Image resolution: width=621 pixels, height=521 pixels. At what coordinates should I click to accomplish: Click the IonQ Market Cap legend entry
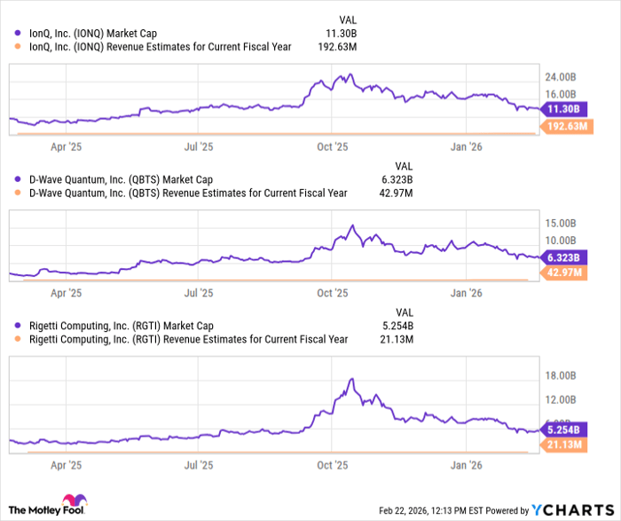click(x=93, y=34)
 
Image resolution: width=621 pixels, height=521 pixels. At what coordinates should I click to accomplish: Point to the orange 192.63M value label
click(x=568, y=127)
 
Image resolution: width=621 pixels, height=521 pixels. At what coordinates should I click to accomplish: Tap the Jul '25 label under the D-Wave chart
click(x=200, y=291)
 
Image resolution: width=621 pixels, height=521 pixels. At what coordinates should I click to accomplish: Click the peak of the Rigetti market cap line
click(x=352, y=379)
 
